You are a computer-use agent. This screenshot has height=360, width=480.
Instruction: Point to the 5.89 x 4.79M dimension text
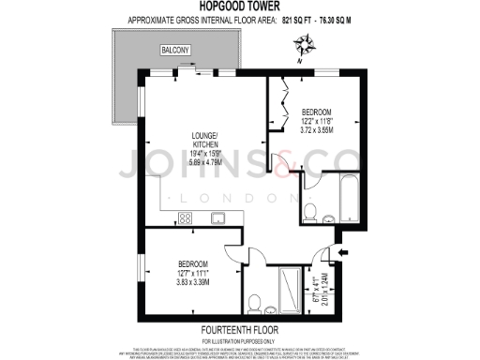click(204, 162)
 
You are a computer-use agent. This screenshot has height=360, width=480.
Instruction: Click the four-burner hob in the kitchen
click(186, 218)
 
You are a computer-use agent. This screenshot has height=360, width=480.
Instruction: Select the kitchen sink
click(217, 218)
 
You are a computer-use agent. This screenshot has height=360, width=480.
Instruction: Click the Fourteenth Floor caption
click(239, 331)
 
